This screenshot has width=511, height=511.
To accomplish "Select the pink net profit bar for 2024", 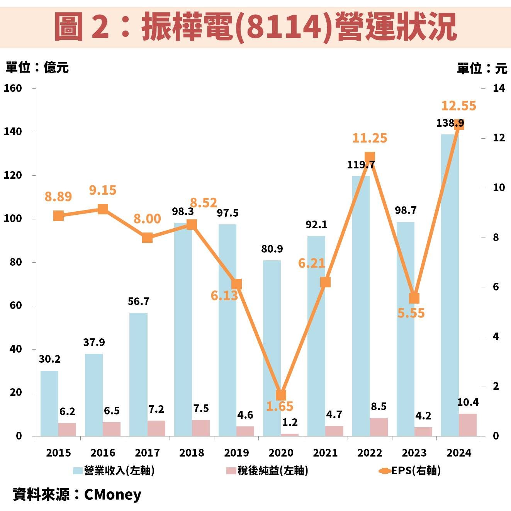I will point(467,425).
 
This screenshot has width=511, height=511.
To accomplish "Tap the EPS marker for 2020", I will point(281,395).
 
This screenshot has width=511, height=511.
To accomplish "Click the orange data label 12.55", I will point(458,106).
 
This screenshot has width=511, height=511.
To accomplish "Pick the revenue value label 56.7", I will point(138,301).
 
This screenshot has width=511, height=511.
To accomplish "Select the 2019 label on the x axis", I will point(236,453).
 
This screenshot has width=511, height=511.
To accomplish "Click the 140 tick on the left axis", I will point(13,132).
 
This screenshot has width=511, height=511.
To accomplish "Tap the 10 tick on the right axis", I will point(499,188).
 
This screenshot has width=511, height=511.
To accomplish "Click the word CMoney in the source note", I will point(112,494).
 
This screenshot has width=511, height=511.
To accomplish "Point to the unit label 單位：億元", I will point(37,68).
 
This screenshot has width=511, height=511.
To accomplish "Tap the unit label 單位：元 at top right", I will point(482,68).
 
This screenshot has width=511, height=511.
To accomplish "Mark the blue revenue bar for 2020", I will point(272,348).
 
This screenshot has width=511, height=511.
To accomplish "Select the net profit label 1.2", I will point(290,423).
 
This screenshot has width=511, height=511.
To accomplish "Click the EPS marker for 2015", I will point(58,216).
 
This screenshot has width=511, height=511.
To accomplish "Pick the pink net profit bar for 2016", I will point(112,429).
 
